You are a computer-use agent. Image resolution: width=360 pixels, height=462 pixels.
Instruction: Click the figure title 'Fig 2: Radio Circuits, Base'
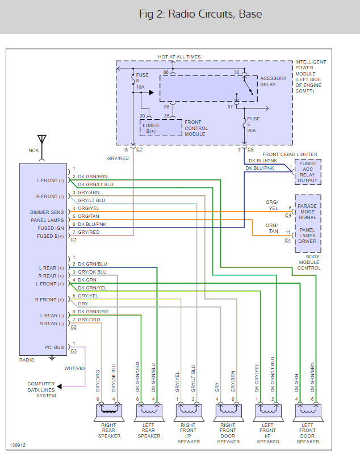click(200, 14)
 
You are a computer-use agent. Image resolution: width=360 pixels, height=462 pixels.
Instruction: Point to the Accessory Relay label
click(273, 81)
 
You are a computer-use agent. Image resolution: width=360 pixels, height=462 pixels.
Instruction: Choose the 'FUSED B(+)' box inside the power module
click(151, 128)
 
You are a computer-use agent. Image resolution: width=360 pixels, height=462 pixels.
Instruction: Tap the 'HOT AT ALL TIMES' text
click(179, 57)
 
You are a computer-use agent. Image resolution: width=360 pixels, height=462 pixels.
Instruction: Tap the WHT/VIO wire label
click(74, 368)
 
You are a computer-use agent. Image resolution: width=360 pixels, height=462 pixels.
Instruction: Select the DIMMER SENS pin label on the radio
click(49, 212)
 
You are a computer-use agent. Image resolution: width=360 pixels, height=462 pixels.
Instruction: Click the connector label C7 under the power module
click(140, 149)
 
